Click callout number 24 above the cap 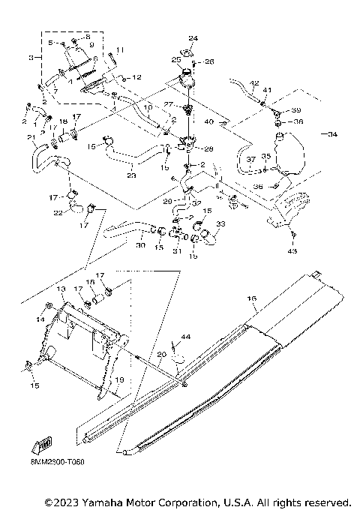pyautogui.click(x=193, y=38)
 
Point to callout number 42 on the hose pyautogui.click(x=254, y=82)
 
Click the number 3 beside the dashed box pyautogui.click(x=30, y=57)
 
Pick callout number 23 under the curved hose pyautogui.click(x=131, y=175)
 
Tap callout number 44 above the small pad pyautogui.click(x=185, y=338)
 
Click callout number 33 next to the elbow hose pyautogui.click(x=220, y=223)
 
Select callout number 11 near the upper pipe pyautogui.click(x=121, y=49)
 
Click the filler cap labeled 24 pyautogui.click(x=186, y=52)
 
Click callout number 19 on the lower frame pyautogui.click(x=118, y=381)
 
